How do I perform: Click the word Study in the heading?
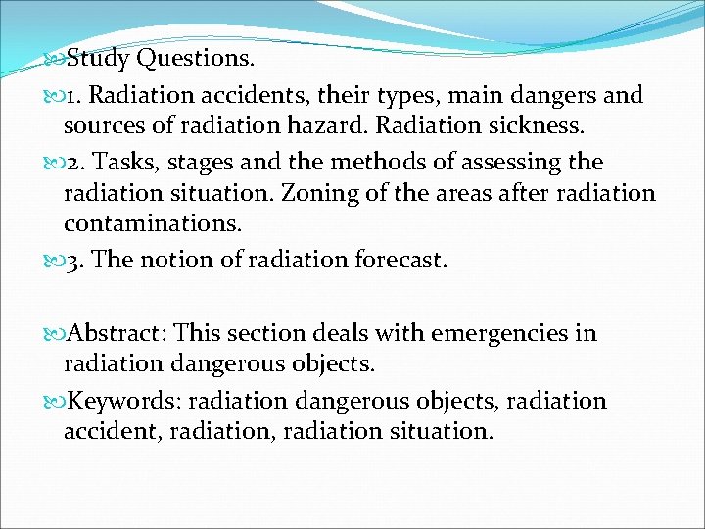coord(97,59)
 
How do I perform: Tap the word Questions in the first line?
coord(194,59)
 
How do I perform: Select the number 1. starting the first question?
coord(72,96)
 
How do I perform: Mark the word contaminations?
coord(152,224)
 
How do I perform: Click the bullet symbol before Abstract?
coord(54,334)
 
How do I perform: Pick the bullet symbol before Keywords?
coord(54,402)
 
